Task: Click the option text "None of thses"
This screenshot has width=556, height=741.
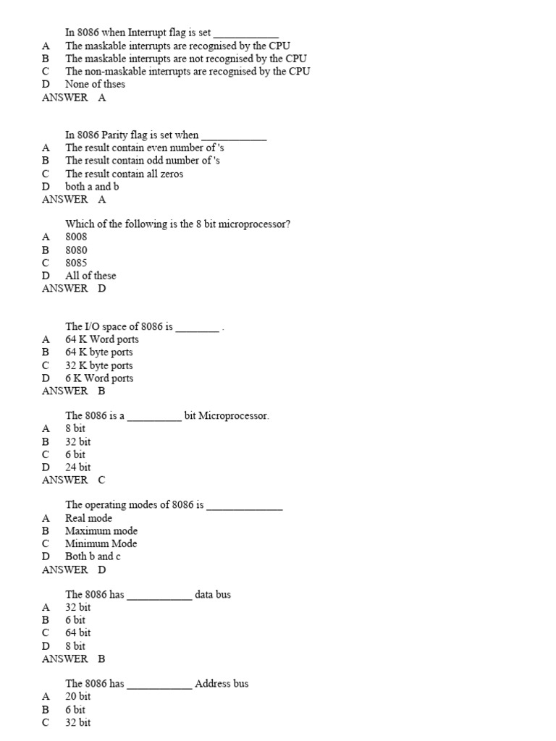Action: click(x=95, y=84)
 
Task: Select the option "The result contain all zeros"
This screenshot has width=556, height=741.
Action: click(x=124, y=174)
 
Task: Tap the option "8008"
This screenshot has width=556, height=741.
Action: click(x=76, y=237)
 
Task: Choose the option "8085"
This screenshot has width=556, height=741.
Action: click(x=76, y=263)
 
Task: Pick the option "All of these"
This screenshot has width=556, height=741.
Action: click(x=90, y=276)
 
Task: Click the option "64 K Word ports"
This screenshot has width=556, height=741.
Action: click(x=102, y=339)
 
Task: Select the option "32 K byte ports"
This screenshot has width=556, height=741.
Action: click(x=99, y=365)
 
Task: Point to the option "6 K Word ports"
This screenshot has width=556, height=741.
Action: click(x=99, y=378)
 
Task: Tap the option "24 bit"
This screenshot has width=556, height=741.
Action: click(x=78, y=467)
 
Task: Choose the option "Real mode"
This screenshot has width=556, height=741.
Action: click(x=89, y=518)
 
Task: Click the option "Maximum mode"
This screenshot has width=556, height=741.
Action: click(x=101, y=531)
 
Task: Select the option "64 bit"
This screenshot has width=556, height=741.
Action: click(x=78, y=633)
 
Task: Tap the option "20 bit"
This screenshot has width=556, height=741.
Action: click(x=78, y=696)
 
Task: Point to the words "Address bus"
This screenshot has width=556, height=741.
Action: click(x=222, y=683)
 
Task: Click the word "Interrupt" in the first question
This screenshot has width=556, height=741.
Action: click(x=148, y=33)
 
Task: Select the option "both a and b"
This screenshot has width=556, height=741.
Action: click(x=92, y=187)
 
